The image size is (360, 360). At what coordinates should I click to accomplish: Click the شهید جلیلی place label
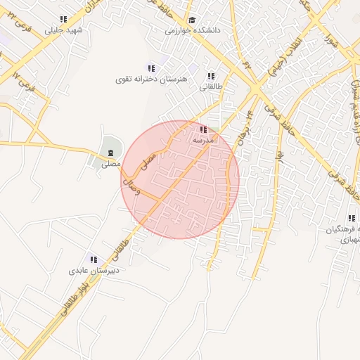click(64, 30)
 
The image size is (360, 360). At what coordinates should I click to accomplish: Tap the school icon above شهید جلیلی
click(64, 20)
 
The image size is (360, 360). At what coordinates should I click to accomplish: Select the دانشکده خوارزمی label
click(193, 30)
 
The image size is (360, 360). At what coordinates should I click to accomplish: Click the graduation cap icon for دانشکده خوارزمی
click(193, 20)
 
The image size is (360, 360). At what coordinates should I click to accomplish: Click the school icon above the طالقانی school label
click(210, 76)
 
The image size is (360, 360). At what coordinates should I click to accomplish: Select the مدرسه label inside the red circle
click(203, 140)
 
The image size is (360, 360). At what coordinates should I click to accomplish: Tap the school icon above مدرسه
click(203, 129)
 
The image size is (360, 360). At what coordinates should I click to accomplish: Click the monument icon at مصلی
click(110, 153)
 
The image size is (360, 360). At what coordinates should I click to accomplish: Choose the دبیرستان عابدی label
click(94, 270)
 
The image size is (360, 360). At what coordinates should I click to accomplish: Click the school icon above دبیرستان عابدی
click(93, 259)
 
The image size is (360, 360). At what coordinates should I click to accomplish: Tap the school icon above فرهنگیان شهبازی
click(351, 218)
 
